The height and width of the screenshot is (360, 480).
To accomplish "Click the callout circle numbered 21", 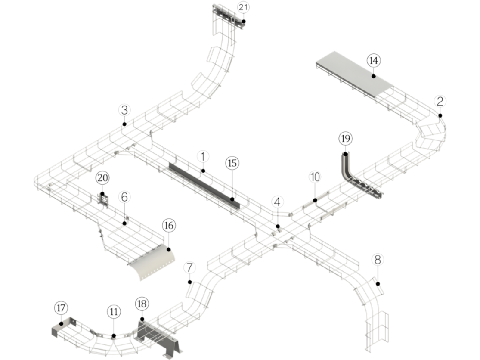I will point(243,8).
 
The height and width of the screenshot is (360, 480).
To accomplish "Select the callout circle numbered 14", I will point(374,61).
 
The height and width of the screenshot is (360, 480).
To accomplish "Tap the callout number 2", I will point(440,101).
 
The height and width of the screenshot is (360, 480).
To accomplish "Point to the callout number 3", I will point(124,110).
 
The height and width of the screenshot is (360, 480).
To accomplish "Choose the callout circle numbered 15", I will point(232,163).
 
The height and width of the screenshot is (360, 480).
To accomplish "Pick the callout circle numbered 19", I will point(345,139).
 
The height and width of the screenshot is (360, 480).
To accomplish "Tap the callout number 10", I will point(315,177).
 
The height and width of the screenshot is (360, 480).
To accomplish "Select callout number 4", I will point(278,202).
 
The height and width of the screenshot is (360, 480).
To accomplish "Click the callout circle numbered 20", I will point(102,177).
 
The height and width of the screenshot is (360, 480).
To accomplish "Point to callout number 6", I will point(124,197).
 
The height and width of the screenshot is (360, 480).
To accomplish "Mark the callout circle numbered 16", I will point(169,225).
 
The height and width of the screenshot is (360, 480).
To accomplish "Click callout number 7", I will point(189,267).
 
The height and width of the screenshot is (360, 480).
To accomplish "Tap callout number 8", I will point(378,260).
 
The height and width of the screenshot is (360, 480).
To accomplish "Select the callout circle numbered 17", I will point(61,308).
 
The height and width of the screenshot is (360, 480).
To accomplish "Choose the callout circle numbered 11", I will point(114,311).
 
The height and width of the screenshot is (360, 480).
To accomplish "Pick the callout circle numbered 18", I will point(142,304).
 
